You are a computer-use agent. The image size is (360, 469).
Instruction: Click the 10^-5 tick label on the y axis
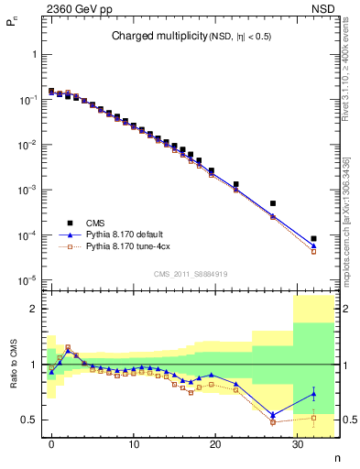tap(30, 280)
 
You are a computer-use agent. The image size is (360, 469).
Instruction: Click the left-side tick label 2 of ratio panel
tap(34, 309)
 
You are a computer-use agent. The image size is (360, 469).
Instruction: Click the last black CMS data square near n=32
tap(313, 238)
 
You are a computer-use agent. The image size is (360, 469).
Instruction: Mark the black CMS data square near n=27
tap(273, 203)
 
